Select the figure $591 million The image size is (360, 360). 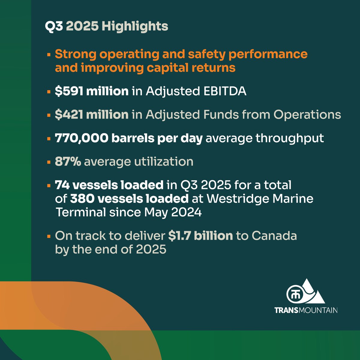click(x=91, y=91)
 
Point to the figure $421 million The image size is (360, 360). click(x=91, y=115)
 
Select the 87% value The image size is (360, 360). click(x=68, y=162)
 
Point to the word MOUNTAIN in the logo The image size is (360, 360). click(x=318, y=310)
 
